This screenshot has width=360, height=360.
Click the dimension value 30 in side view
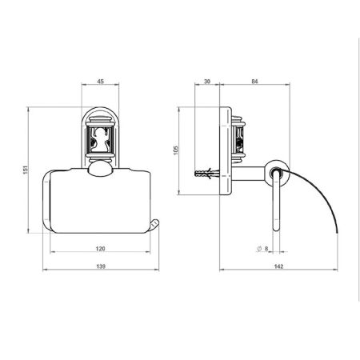pos(206,81)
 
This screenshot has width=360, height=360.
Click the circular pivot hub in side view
pos(276,171)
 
